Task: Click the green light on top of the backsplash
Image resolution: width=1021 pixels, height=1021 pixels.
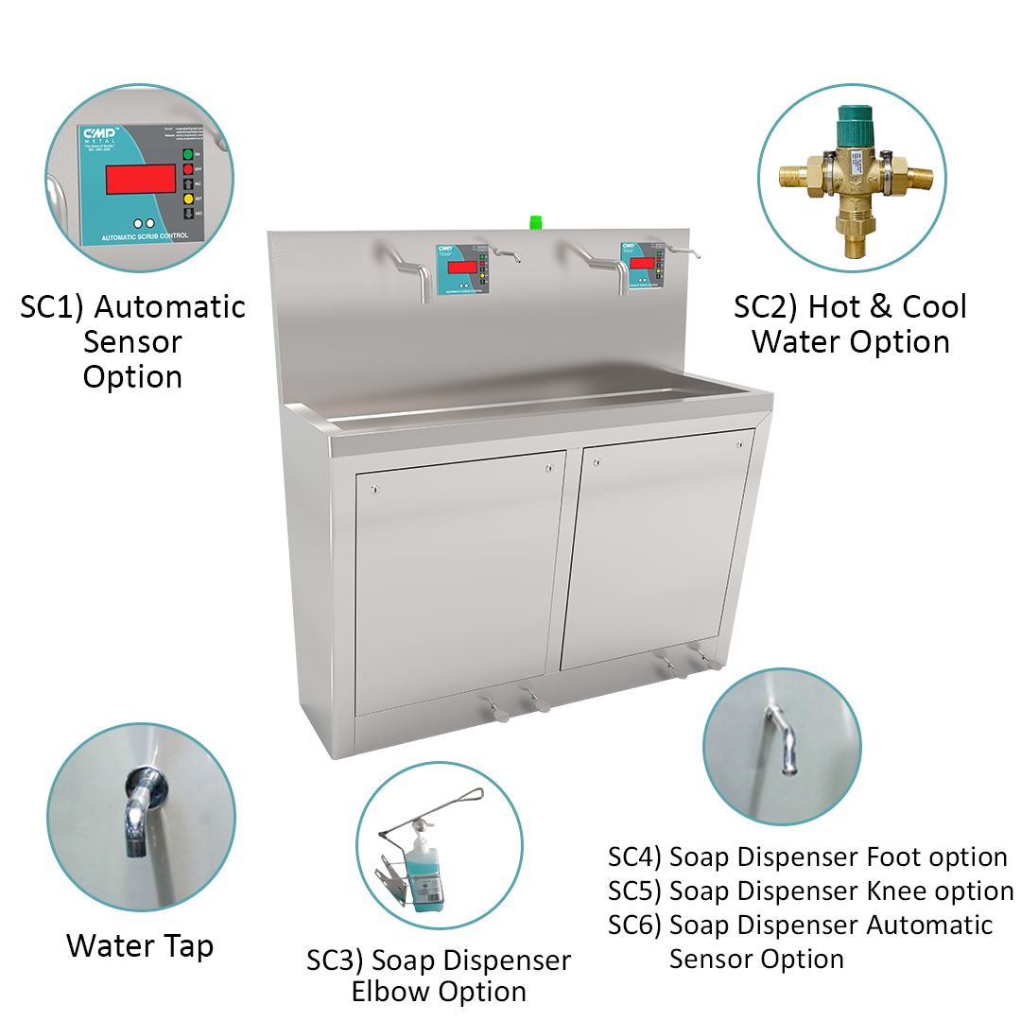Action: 535,222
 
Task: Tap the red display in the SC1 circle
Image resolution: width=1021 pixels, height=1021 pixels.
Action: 140,179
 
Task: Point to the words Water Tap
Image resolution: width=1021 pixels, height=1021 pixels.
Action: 140,945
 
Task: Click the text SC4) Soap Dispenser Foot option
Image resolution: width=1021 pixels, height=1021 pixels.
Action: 807,857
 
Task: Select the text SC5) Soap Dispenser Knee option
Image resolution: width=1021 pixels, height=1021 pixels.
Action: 810,891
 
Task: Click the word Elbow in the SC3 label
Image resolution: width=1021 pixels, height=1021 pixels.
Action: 392,992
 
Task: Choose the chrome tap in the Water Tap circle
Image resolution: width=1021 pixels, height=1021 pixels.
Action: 139,808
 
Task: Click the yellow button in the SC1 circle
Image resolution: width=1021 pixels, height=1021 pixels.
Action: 187,199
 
